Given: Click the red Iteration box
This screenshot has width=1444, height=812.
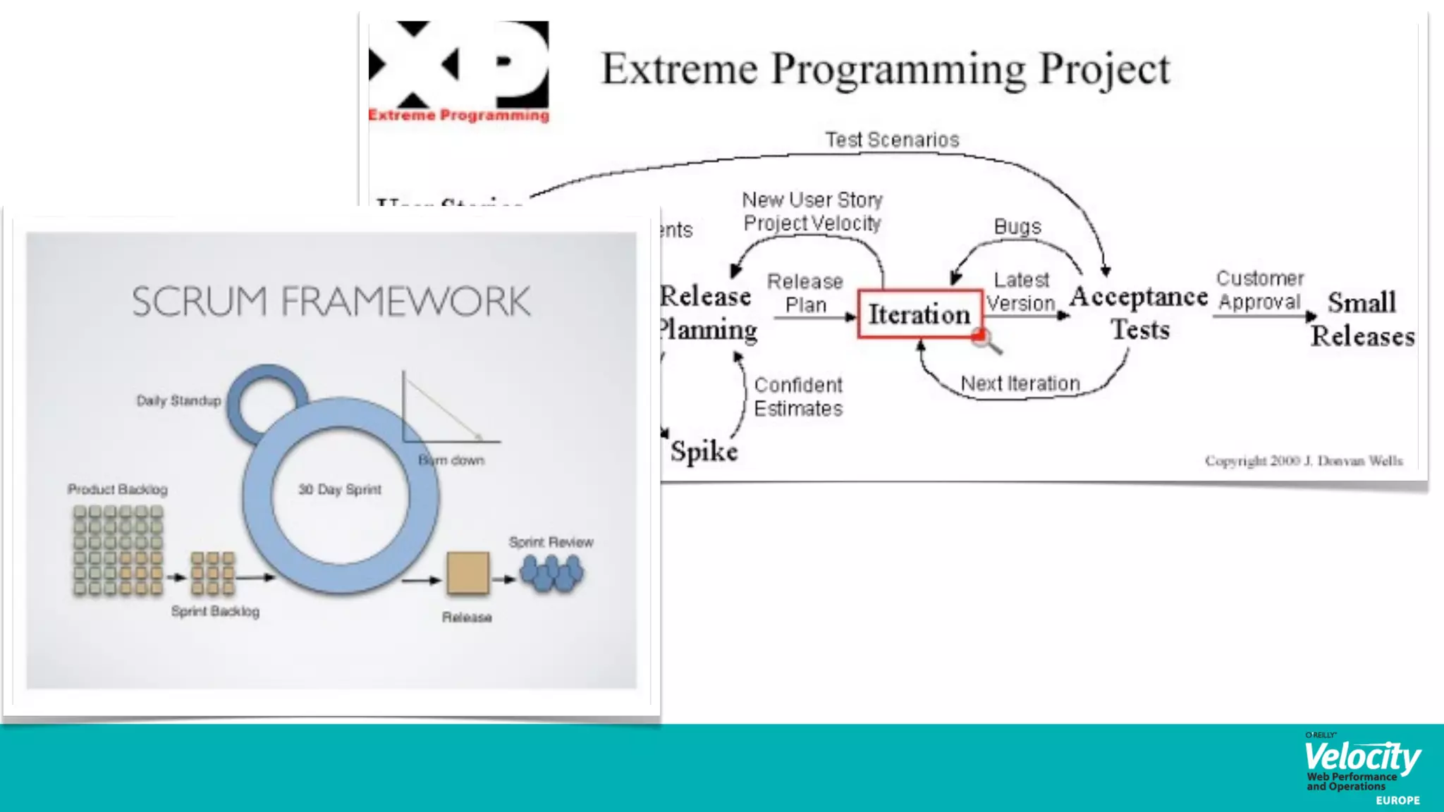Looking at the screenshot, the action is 919,314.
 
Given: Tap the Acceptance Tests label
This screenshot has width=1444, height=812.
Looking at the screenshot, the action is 1139,312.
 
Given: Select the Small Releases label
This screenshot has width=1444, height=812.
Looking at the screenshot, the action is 1362,319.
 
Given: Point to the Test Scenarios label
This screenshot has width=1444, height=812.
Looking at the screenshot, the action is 892,140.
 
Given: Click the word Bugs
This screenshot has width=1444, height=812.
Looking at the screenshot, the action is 1017,226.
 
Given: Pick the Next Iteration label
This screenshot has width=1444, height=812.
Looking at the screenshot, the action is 1020,383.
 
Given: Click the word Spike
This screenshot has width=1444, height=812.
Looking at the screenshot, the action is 704,451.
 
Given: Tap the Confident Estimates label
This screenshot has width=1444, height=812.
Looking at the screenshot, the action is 798,397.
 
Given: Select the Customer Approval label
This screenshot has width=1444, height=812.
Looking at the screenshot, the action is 1260,290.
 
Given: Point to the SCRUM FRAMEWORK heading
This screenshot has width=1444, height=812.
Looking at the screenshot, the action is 331,302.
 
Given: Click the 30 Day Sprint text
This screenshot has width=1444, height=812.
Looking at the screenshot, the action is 339,489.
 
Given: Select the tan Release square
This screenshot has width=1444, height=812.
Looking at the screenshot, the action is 467,573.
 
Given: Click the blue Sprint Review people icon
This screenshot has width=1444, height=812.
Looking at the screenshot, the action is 551,572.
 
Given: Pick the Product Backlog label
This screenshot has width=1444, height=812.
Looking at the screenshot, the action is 118,489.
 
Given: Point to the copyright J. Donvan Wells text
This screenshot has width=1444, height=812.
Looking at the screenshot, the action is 1304,461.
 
